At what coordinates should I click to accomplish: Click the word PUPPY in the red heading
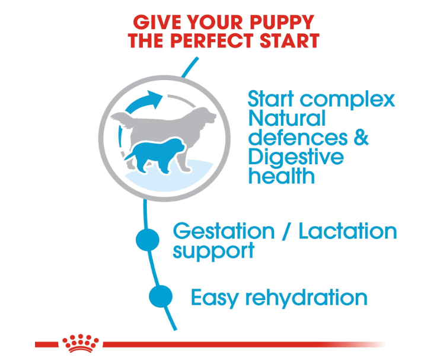pos(282,22)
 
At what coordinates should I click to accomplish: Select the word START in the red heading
pos(290,40)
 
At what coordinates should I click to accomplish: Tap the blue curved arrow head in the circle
pos(155,99)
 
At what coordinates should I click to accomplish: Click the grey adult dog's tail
pos(122,120)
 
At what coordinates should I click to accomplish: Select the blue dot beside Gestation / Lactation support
pos(148,240)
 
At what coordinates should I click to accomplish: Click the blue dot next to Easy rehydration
pos(161,296)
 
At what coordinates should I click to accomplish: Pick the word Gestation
pos(224,231)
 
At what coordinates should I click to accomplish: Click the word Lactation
pos(347,231)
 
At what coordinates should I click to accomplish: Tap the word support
pos(213,251)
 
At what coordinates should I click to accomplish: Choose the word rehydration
pos(307,297)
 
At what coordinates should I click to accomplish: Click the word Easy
pos(215,298)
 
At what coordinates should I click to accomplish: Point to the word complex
pos(347,100)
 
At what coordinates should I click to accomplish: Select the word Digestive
pos(296,158)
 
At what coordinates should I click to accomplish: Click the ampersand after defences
pos(361,137)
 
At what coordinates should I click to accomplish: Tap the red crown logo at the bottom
pos(81,343)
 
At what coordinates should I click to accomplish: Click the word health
pos(282,175)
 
